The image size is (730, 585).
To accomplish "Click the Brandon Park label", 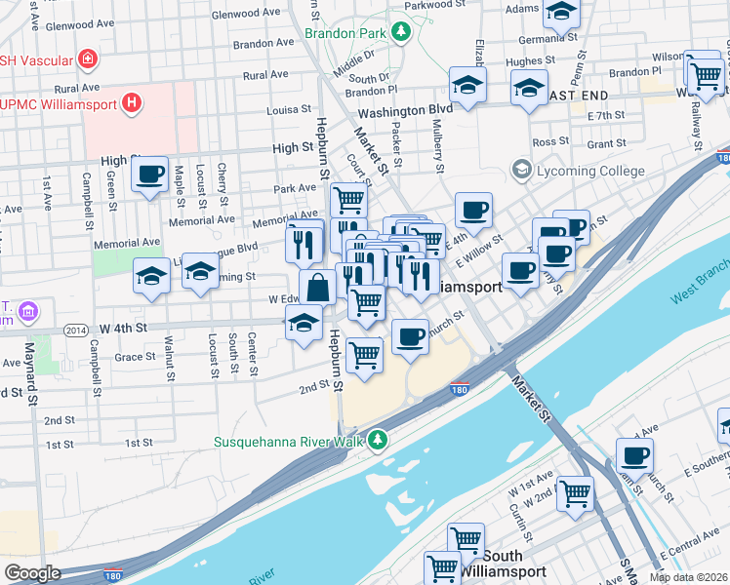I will click(345, 33).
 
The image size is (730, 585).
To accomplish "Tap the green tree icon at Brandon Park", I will click(400, 33).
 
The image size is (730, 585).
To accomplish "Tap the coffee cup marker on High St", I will click(149, 175).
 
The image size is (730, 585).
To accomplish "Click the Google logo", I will click(32, 573).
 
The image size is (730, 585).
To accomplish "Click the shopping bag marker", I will click(318, 288).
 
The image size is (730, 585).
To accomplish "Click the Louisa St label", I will click(290, 110).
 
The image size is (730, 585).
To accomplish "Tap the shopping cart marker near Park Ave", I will click(348, 200).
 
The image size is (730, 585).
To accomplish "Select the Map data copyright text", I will click(688, 577).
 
